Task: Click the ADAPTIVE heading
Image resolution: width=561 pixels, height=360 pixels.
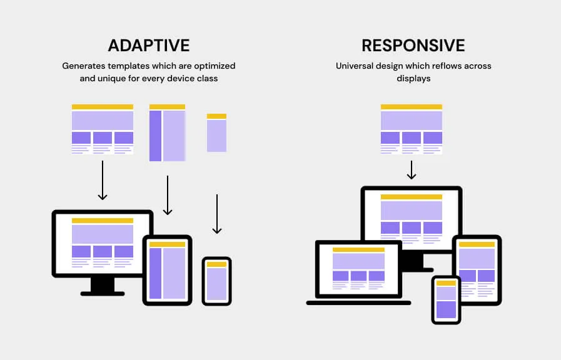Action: pyautogui.click(x=149, y=46)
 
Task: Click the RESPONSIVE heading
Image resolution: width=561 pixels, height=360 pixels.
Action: pyautogui.click(x=413, y=46)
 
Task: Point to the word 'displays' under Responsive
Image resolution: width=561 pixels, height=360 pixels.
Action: pyautogui.click(x=413, y=79)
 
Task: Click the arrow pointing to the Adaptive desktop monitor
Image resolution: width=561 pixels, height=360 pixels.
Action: pyautogui.click(x=103, y=181)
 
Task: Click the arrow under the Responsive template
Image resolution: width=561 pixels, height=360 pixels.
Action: pyautogui.click(x=411, y=170)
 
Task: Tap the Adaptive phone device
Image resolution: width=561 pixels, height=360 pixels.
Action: pyautogui.click(x=217, y=281)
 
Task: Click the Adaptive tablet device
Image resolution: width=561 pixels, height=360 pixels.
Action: pyautogui.click(x=167, y=270)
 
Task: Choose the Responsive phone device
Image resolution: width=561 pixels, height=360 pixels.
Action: pyautogui.click(x=446, y=299)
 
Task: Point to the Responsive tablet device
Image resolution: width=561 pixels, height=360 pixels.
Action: pyautogui.click(x=477, y=269)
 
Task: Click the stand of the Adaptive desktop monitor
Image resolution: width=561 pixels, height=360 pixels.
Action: pyautogui.click(x=103, y=287)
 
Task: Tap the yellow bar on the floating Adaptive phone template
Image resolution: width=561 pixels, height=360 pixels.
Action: pyautogui.click(x=216, y=116)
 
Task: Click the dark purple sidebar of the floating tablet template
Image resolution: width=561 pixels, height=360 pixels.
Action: pyautogui.click(x=156, y=135)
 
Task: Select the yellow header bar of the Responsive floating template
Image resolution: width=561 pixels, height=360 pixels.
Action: pyautogui.click(x=411, y=107)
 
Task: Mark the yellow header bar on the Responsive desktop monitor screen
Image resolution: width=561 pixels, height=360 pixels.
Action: pyautogui.click(x=411, y=197)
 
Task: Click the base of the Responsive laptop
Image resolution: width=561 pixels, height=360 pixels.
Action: pyautogui.click(x=358, y=302)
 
